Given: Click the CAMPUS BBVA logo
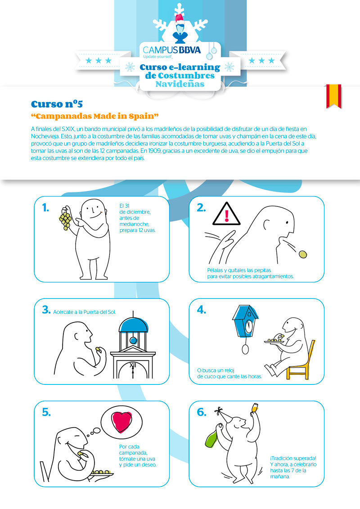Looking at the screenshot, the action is [171, 51].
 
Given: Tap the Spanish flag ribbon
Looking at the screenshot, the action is [334, 96].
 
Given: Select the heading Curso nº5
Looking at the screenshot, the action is [57, 104].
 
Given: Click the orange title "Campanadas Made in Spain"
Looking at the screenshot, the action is [94, 116].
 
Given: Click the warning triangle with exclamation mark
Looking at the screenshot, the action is [226, 214].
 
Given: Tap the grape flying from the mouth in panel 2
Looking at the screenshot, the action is [303, 254].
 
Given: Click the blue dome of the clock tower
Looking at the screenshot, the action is [133, 325].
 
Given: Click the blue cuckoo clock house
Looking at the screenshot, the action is [245, 321].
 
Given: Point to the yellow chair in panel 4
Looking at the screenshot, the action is [301, 362].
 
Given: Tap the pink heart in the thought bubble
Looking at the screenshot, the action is [121, 422].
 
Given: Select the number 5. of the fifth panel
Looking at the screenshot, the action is [46, 412].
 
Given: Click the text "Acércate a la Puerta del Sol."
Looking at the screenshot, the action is [85, 312].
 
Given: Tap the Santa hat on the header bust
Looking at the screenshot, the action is [180, 19].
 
